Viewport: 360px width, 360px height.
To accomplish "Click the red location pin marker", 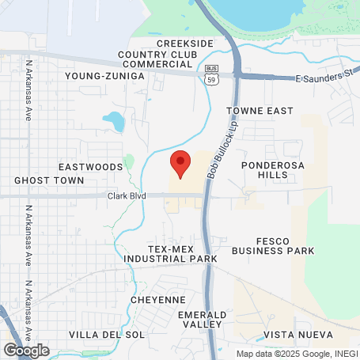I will click(x=181, y=164).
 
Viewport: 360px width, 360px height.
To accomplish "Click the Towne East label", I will click(x=260, y=111).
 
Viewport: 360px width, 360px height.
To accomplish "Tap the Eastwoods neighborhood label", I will click(x=91, y=167).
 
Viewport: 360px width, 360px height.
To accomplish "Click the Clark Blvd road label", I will click(x=127, y=195).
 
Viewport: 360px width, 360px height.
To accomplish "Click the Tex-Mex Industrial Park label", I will click(x=171, y=253).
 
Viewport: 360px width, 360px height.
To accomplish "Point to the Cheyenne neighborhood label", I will click(x=158, y=300).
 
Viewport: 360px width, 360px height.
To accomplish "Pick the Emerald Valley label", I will click(x=203, y=320).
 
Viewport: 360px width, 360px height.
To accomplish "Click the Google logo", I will click(x=26, y=350).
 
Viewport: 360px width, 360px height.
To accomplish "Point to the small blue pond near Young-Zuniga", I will click(x=115, y=121).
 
